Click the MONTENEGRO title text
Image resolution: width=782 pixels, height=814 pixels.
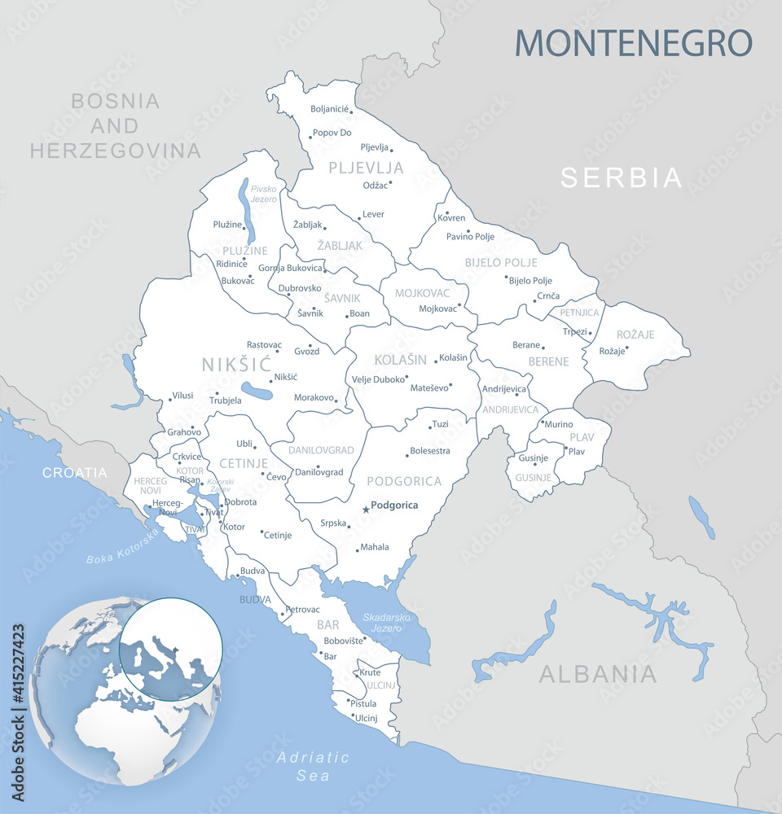(633, 42)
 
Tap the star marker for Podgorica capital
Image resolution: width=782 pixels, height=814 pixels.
(365, 510)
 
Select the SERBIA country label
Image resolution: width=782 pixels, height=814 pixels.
(621, 177)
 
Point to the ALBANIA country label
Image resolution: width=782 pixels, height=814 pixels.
(598, 674)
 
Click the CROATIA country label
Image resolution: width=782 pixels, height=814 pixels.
(75, 472)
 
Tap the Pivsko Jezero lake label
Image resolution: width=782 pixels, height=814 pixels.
(263, 194)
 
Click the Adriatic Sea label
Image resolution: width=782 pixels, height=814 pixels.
(313, 766)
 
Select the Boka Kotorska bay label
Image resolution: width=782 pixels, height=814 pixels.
(122, 547)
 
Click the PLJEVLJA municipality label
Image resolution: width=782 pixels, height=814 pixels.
(366, 168)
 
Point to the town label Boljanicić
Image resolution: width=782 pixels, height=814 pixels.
(330, 109)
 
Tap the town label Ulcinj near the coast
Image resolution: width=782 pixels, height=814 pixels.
(364, 718)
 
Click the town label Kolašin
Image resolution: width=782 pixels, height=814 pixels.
(454, 358)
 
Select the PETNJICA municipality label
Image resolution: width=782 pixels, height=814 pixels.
(579, 313)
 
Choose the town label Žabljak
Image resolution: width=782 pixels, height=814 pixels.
(307, 225)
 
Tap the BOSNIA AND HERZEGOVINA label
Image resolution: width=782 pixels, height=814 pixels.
(116, 125)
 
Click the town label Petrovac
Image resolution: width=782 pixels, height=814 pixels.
(302, 609)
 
